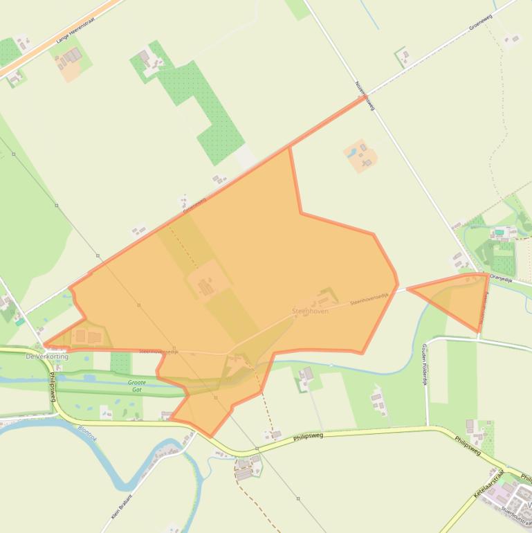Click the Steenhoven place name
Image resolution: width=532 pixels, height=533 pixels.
310,311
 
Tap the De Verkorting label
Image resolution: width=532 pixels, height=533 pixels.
47,356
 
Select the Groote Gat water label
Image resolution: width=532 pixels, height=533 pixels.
137,386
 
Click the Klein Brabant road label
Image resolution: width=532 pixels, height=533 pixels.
122,505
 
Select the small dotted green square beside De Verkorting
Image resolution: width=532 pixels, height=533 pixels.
120,361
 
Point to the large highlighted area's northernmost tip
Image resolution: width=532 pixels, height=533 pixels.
364,98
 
